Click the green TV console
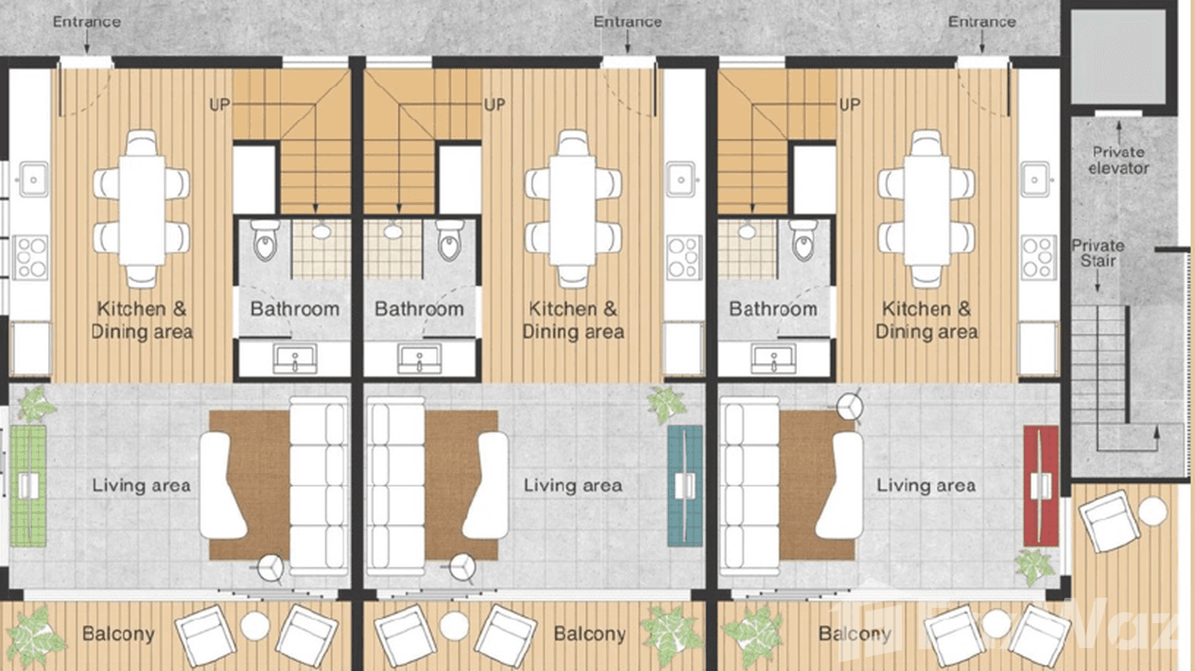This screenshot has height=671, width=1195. (x=28, y=486)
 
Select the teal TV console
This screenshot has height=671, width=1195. (x=685, y=486)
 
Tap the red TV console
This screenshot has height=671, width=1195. (x=1040, y=486)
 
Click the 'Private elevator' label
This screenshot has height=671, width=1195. (x=1119, y=160)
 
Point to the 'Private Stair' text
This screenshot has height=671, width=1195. (x=1098, y=253)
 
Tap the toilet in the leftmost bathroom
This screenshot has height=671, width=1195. (x=265, y=240)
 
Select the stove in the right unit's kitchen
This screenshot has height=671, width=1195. (x=1038, y=257)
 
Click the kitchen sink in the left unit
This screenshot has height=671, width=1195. (x=32, y=179)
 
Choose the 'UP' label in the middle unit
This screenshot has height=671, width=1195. (x=495, y=105)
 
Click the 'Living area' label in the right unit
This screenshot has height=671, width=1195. (x=926, y=486)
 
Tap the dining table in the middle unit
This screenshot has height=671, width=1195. (x=572, y=209)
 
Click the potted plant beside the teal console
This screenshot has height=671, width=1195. (x=666, y=405)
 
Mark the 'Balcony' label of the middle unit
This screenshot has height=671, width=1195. (x=589, y=635)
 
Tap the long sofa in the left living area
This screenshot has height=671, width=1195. (x=320, y=486)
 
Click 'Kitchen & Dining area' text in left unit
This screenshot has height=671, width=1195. (x=142, y=320)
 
